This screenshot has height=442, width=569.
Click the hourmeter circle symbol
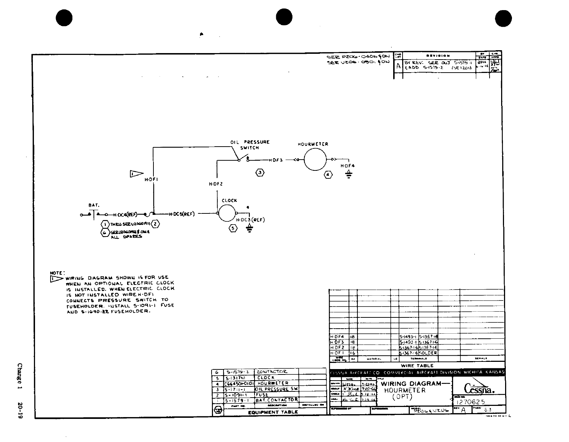pyautogui.click(x=315, y=159)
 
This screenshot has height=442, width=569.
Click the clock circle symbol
pyautogui.click(x=227, y=213)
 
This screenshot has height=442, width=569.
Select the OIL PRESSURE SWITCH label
pyautogui.click(x=250, y=145)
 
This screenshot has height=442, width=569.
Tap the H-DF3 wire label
pyautogui.click(x=276, y=160)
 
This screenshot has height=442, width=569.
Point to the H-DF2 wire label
pyautogui.click(x=216, y=184)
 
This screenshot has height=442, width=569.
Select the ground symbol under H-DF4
pyautogui.click(x=348, y=175)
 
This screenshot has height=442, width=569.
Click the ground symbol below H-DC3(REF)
pyautogui.click(x=249, y=228)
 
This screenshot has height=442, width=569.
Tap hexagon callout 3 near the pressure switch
pyautogui.click(x=260, y=173)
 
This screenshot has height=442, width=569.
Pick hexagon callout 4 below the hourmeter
pyautogui.click(x=328, y=175)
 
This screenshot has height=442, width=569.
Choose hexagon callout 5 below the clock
pyautogui.click(x=233, y=228)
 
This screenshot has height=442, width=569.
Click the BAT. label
pyautogui.click(x=94, y=205)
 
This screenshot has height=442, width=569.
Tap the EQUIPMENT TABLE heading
pyautogui.click(x=273, y=412)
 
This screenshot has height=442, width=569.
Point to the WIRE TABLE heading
pyautogui.click(x=417, y=365)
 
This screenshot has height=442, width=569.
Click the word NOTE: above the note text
pyautogui.click(x=57, y=273)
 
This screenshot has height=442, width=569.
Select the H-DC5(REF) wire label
pyautogui.click(x=182, y=214)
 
